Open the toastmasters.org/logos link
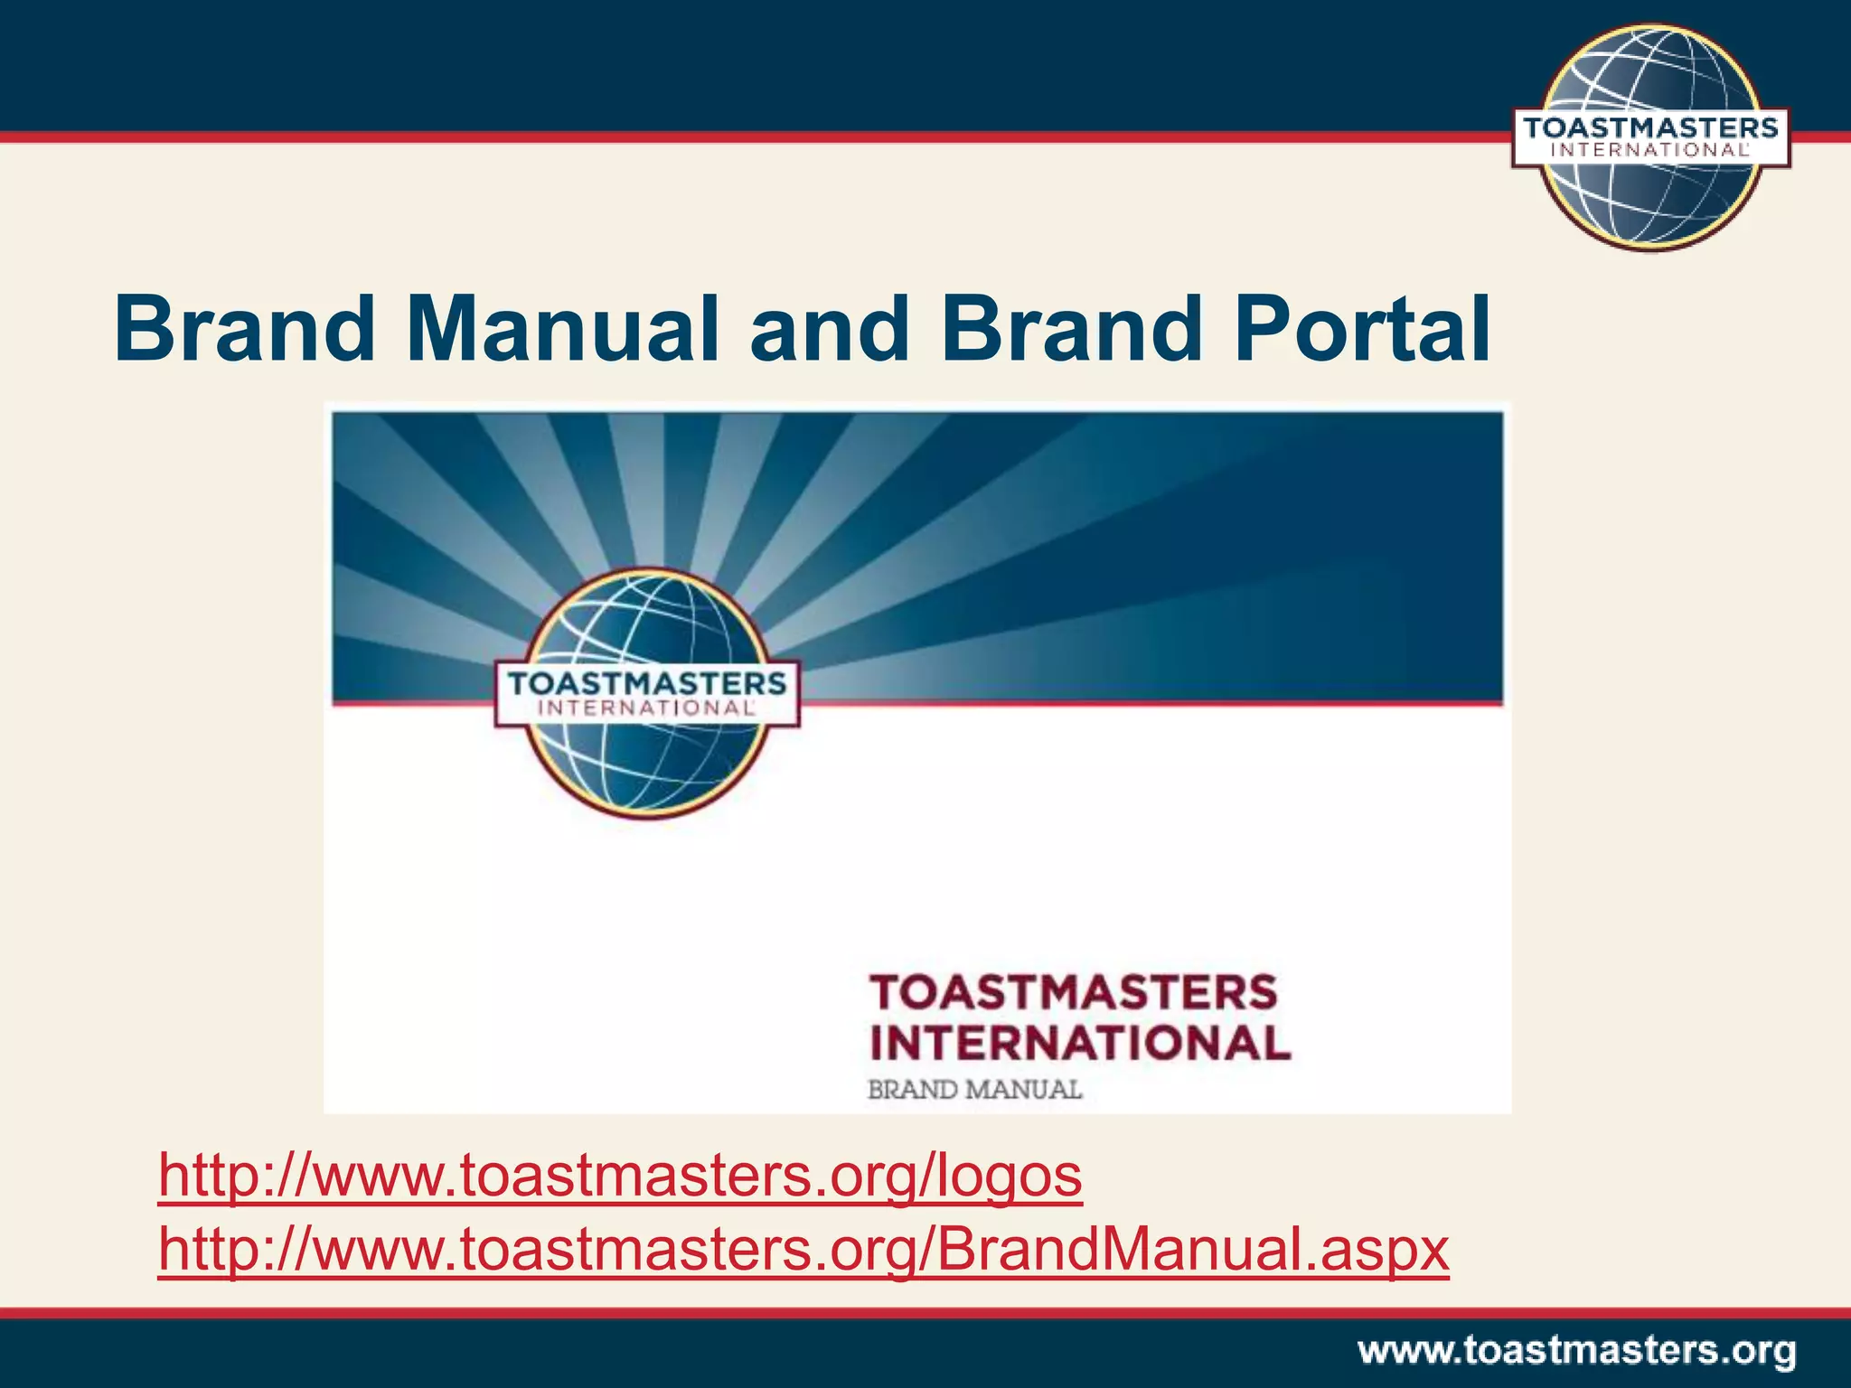620,1176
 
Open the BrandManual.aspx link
803,1250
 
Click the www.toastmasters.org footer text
1576,1352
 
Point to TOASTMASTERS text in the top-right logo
1650,127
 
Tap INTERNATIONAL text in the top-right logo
1650,151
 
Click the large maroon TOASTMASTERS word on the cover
1074,992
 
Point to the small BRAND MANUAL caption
974,1090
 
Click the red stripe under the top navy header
723,137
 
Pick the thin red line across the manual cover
1148,702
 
